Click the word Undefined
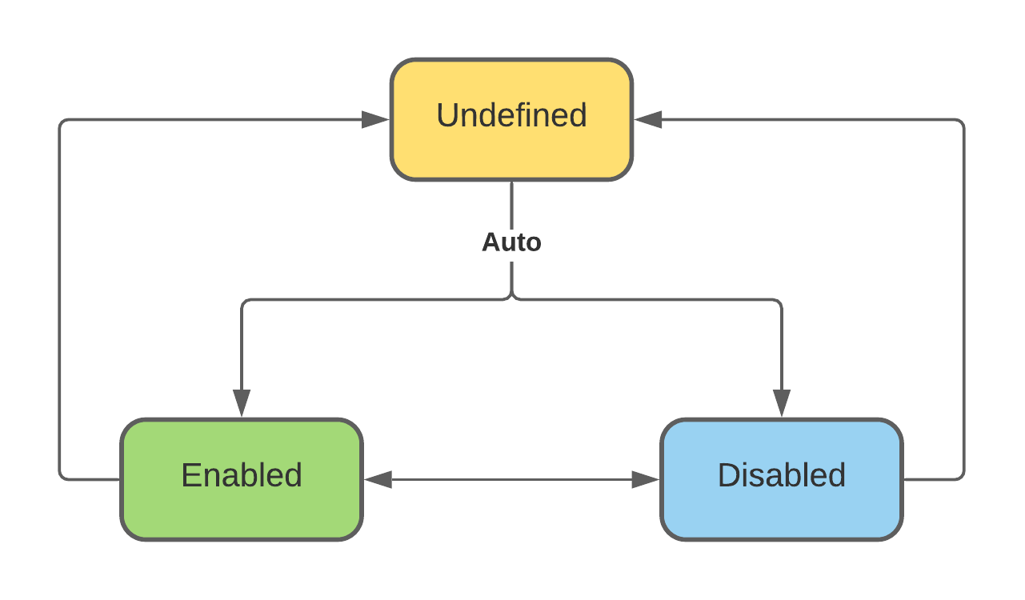[x=511, y=115]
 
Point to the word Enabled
[x=242, y=475]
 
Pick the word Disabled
[x=782, y=475]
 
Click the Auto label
[x=511, y=242]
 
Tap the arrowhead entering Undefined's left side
[x=375, y=120]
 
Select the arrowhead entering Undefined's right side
[x=649, y=120]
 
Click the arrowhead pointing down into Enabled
[x=242, y=402]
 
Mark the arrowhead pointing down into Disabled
[x=782, y=402]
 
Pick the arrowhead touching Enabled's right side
[x=378, y=480]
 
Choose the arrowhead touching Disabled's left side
[x=645, y=480]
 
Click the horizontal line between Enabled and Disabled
[x=512, y=480]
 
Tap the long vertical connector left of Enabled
[x=60, y=300]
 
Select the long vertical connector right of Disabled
[x=963, y=300]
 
